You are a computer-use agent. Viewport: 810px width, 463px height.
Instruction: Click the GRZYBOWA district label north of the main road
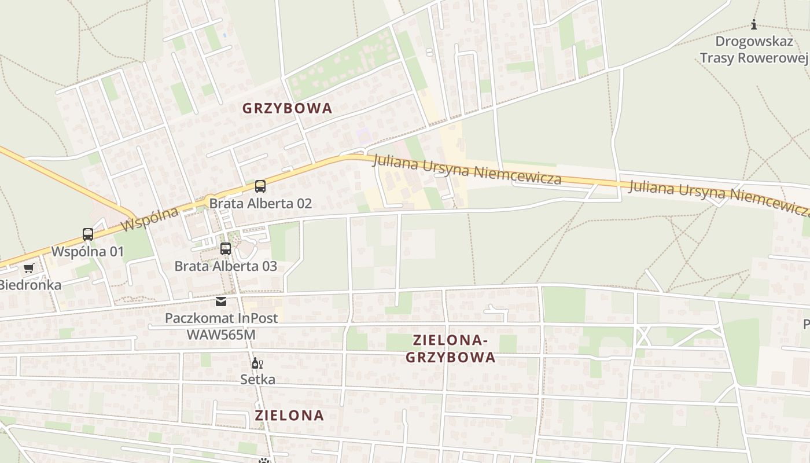click(x=287, y=108)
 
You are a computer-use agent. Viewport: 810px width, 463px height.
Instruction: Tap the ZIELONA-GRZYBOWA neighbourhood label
click(x=450, y=348)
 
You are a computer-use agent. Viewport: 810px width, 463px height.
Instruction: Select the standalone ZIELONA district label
click(x=289, y=415)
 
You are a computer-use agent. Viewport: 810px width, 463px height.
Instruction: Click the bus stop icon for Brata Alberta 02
click(x=260, y=186)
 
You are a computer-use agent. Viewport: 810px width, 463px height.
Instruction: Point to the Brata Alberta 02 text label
click(x=260, y=203)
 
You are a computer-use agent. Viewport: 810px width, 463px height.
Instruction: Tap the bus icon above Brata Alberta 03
click(x=226, y=249)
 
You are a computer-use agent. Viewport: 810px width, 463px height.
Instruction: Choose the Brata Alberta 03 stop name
click(x=226, y=266)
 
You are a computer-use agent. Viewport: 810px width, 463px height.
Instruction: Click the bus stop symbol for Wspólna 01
click(x=88, y=234)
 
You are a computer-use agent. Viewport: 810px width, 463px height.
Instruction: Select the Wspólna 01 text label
click(x=88, y=252)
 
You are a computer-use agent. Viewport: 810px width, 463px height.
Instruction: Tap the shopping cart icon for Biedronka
click(x=28, y=268)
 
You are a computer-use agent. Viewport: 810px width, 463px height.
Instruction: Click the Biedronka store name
click(x=30, y=285)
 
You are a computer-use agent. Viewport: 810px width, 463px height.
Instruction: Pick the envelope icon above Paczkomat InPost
click(x=221, y=301)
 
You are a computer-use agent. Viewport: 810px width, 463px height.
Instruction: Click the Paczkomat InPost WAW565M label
click(x=221, y=326)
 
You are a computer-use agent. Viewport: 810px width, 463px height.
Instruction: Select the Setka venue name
click(x=258, y=380)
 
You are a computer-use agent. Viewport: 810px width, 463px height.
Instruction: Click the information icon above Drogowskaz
click(x=754, y=24)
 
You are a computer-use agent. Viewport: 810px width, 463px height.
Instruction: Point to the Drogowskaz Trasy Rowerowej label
click(x=753, y=50)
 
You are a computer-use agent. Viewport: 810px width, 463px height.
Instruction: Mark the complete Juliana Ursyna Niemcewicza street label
click(x=467, y=169)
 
